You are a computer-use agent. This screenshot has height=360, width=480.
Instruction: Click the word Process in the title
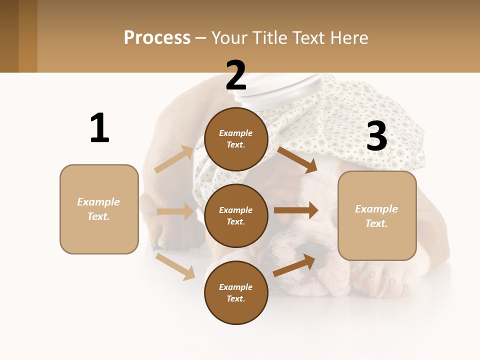(x=157, y=37)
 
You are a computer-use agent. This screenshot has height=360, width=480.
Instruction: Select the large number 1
(x=99, y=128)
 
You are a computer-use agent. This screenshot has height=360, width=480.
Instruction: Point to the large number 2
(x=236, y=76)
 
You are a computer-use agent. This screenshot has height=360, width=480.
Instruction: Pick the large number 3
(x=377, y=136)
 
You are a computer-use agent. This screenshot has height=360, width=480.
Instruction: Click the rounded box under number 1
(x=99, y=209)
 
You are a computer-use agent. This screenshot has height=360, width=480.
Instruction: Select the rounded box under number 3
(x=377, y=216)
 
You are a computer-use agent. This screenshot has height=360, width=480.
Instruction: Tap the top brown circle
(x=236, y=139)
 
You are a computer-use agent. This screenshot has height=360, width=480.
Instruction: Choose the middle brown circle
(x=236, y=215)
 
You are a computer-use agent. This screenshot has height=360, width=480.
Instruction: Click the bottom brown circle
(x=236, y=292)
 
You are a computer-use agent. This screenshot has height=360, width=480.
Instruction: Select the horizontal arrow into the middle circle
(x=175, y=211)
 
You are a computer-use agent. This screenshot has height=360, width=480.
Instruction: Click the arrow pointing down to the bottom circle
(x=175, y=266)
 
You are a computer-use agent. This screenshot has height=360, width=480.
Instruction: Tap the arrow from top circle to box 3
(x=297, y=159)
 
